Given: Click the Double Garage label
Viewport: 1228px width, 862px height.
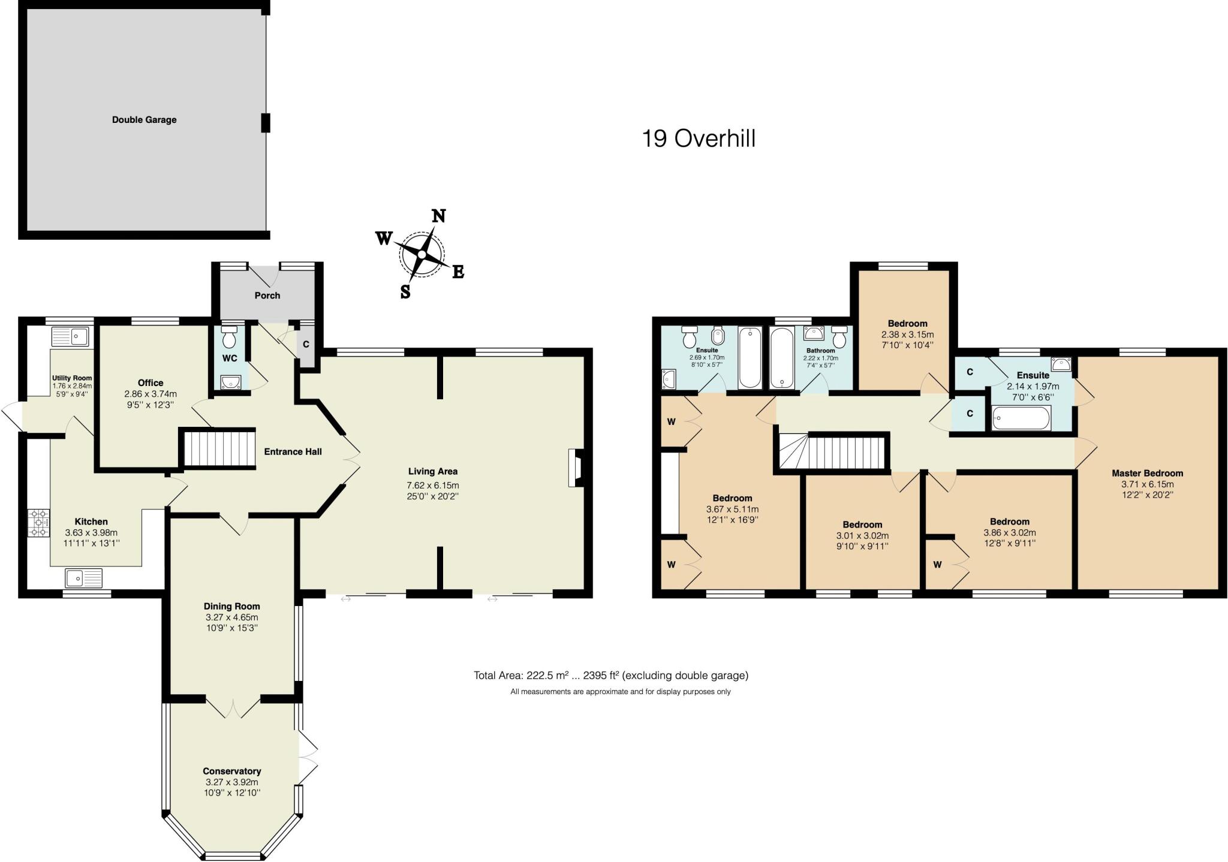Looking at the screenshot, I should [x=144, y=120].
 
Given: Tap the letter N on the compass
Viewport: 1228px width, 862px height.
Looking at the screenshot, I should [x=439, y=216].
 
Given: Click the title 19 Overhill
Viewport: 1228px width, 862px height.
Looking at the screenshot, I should [x=699, y=138].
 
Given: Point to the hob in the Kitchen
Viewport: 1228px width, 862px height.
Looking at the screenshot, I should [x=40, y=523].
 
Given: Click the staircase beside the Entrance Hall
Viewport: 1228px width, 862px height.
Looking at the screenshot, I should [x=219, y=448].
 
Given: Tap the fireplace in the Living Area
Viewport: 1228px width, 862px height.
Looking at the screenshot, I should [x=576, y=468].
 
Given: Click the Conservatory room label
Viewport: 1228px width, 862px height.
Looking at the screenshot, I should [x=231, y=771].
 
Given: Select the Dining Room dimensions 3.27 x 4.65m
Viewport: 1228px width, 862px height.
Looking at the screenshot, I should [x=231, y=617].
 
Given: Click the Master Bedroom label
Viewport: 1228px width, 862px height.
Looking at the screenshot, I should [x=1147, y=473].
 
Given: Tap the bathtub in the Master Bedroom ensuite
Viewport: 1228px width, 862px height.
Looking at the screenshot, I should [x=1021, y=418].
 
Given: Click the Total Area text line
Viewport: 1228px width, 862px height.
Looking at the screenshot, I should [x=610, y=676].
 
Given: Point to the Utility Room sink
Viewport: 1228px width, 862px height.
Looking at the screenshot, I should [x=70, y=337].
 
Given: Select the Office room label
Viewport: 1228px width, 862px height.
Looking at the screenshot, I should [x=151, y=382].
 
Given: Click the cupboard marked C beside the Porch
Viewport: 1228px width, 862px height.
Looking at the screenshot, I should [x=306, y=345].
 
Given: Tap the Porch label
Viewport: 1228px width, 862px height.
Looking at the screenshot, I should [x=267, y=296].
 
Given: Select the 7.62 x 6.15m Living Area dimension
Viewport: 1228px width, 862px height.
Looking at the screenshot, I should [x=432, y=486].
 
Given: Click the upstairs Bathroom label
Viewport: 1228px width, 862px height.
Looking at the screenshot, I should [x=820, y=351].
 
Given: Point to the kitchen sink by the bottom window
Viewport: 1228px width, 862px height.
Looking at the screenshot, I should [x=83, y=578].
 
